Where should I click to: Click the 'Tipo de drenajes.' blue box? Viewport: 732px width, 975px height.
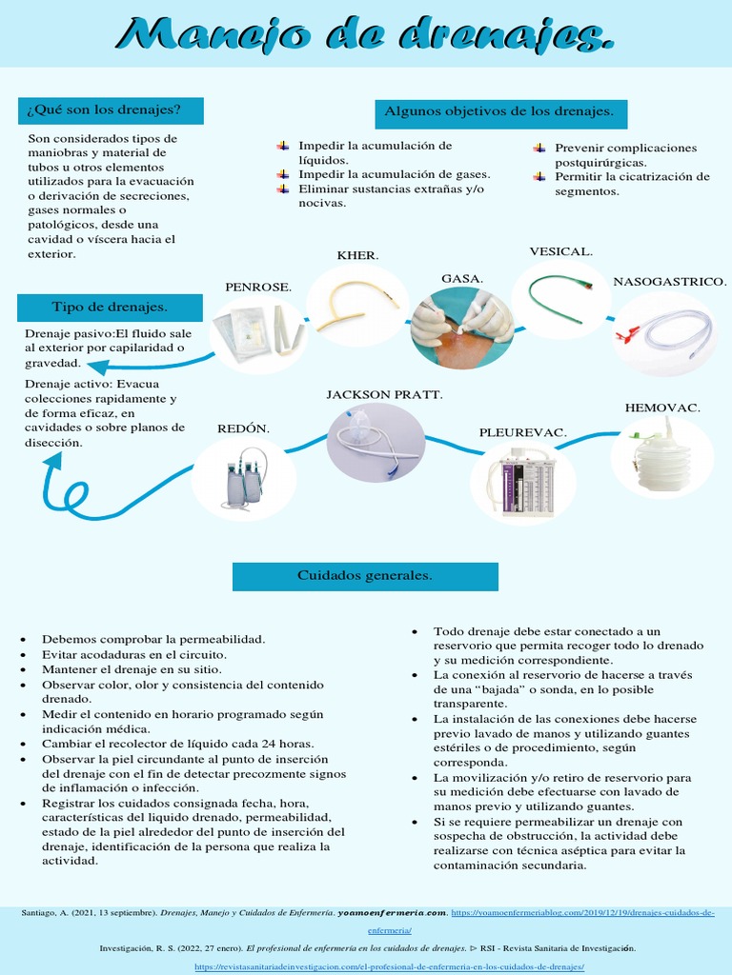[x=110, y=307]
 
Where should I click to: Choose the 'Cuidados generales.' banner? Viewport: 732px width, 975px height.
[x=365, y=576]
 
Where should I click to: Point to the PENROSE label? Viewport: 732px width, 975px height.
[x=258, y=287]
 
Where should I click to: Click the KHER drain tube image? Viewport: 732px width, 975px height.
[x=356, y=305]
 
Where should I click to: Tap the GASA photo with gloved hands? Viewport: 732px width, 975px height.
[x=462, y=328]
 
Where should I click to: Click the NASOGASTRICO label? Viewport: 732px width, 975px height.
[x=670, y=282]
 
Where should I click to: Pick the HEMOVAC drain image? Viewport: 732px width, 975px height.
[x=662, y=458]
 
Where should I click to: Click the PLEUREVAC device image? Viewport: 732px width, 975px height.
[x=522, y=483]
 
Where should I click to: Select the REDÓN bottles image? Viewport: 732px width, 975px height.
[x=243, y=479]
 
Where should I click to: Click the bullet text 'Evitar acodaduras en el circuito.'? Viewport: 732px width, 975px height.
[x=134, y=655]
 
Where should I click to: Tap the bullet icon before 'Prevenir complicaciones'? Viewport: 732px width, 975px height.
[x=539, y=148]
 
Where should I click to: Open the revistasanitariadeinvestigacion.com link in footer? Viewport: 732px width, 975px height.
[x=389, y=966]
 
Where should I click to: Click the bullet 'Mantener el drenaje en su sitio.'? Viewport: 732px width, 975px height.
[x=131, y=670]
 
